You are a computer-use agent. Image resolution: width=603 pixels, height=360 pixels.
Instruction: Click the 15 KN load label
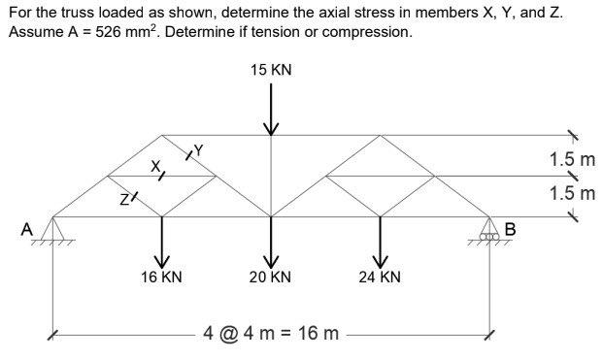271,71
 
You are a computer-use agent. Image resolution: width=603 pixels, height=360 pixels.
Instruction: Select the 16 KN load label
161,277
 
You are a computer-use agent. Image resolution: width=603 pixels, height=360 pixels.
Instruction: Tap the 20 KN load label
270,277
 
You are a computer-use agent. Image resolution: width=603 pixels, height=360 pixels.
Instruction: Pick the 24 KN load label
379,277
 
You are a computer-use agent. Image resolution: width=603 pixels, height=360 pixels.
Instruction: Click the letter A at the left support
29,229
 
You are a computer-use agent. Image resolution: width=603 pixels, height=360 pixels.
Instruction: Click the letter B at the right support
512,230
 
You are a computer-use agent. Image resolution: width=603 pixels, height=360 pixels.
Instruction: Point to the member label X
153,167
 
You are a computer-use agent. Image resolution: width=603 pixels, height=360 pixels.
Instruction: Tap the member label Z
123,200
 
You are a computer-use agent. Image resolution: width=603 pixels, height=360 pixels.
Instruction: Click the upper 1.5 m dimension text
572,159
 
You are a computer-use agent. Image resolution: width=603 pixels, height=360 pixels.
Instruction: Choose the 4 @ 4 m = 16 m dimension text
271,335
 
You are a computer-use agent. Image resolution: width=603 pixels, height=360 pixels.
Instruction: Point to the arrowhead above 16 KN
161,257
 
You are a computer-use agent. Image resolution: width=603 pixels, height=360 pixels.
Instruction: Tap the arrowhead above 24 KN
380,257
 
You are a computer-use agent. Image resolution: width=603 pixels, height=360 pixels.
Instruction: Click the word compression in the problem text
364,32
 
